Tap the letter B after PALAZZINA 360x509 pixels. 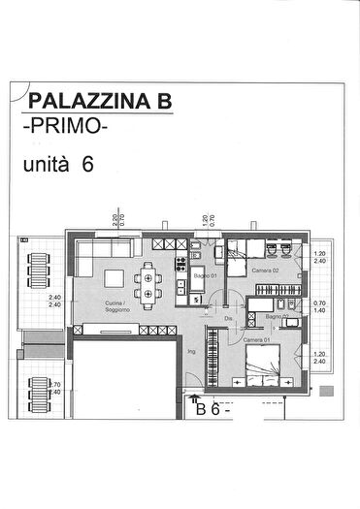[163, 100]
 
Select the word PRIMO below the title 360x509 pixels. [66, 126]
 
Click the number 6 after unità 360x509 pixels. [87, 165]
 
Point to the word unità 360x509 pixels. [46, 165]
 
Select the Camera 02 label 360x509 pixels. [266, 270]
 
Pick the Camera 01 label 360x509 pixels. [255, 340]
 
